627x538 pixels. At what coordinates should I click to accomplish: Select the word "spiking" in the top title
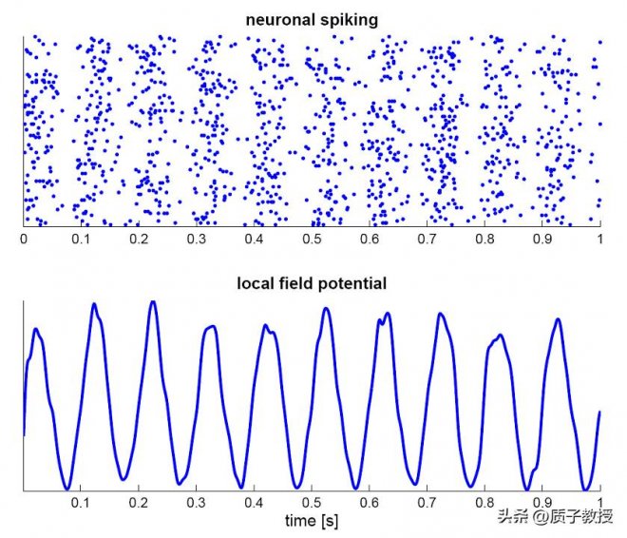[349, 18]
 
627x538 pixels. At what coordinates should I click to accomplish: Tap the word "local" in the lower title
[256, 283]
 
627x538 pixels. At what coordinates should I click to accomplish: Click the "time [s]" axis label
[313, 522]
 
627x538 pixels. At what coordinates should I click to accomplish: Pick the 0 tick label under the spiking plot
[24, 239]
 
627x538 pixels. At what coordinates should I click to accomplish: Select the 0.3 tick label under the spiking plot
[197, 239]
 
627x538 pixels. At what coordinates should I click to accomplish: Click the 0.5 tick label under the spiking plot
[313, 239]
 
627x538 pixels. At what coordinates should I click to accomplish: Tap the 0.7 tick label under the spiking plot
[427, 239]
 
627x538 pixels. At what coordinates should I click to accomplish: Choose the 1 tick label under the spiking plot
[600, 239]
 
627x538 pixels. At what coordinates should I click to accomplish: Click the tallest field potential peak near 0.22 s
[152, 301]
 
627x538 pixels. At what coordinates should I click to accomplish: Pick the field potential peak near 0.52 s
[327, 308]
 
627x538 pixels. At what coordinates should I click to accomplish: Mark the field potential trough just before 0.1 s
[67, 488]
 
